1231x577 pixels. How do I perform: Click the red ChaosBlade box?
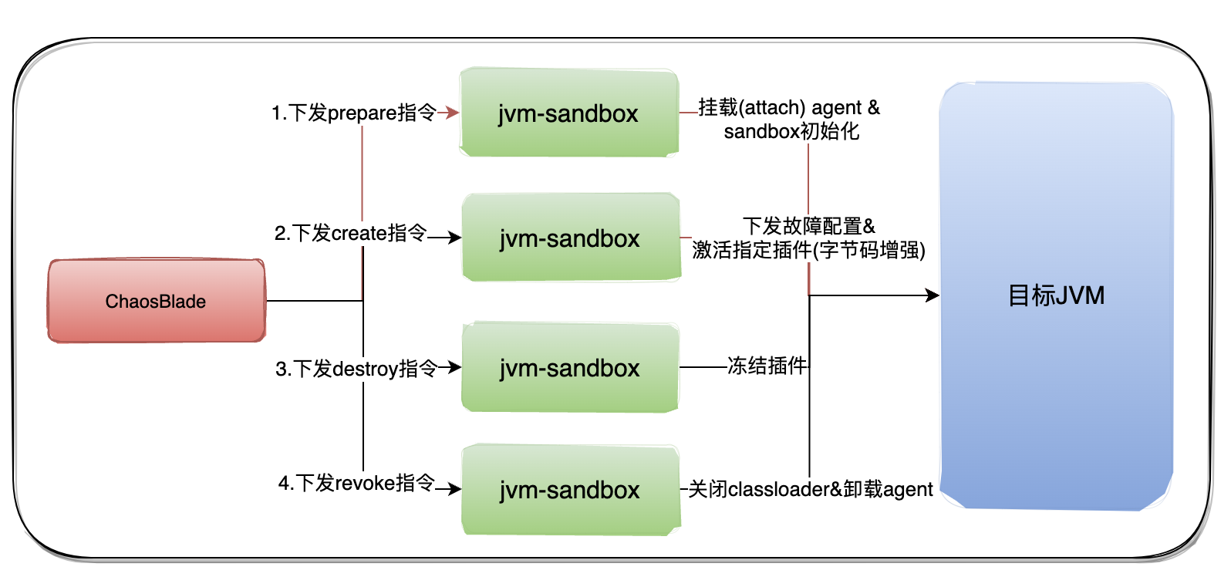[157, 301]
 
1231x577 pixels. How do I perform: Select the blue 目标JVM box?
[1056, 295]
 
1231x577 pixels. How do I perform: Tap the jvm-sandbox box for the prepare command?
[568, 113]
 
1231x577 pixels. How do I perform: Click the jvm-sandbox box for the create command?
[570, 238]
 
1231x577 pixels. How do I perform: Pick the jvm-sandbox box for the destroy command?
[570, 368]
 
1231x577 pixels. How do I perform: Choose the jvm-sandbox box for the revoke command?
[570, 490]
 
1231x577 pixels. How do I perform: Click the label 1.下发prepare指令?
[354, 113]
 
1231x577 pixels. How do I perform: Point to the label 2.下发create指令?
[350, 233]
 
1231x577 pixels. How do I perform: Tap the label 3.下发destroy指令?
[356, 369]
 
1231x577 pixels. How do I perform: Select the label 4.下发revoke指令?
[356, 484]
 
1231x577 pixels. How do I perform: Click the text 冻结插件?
[767, 366]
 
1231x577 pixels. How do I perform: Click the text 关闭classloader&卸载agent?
[810, 489]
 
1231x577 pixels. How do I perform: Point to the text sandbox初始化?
[791, 131]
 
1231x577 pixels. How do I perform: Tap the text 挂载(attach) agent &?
[788, 107]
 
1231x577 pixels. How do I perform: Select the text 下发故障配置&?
[808, 226]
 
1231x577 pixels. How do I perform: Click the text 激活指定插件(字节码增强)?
[808, 250]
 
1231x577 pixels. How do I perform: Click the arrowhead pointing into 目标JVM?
[933, 295]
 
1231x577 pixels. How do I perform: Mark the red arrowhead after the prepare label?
[454, 113]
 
